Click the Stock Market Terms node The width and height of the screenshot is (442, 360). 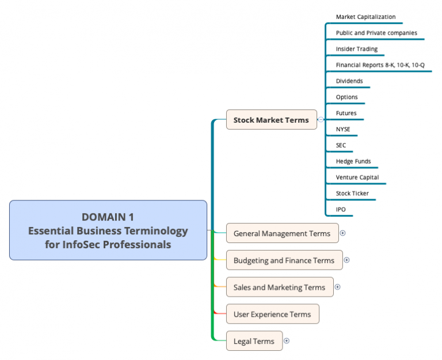pos(271,120)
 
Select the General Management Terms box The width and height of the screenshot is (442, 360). pos(281,233)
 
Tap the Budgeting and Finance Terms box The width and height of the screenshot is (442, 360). pos(284,260)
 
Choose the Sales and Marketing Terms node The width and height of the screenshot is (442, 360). pos(279,287)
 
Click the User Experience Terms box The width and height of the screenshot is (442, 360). pos(272,314)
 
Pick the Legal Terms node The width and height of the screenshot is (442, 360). pos(254,341)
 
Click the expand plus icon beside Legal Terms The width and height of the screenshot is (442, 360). pos(287,341)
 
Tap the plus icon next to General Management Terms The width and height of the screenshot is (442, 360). pos(343,233)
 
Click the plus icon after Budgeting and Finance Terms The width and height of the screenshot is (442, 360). pos(346,260)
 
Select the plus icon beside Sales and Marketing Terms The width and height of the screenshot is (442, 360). pos(337,287)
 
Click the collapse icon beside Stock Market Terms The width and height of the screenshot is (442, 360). pos(321,120)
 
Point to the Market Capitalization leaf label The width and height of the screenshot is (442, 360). pos(365,17)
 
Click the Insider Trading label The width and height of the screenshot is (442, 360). pos(357,49)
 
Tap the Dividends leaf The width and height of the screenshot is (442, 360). pos(349,81)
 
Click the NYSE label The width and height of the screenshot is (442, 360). pos(343,129)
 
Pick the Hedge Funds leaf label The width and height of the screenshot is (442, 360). pos(353,161)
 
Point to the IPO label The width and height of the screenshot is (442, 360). pos(341,209)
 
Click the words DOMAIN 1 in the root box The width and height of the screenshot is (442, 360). pos(108,217)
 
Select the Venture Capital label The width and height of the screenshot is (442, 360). pos(357,177)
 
